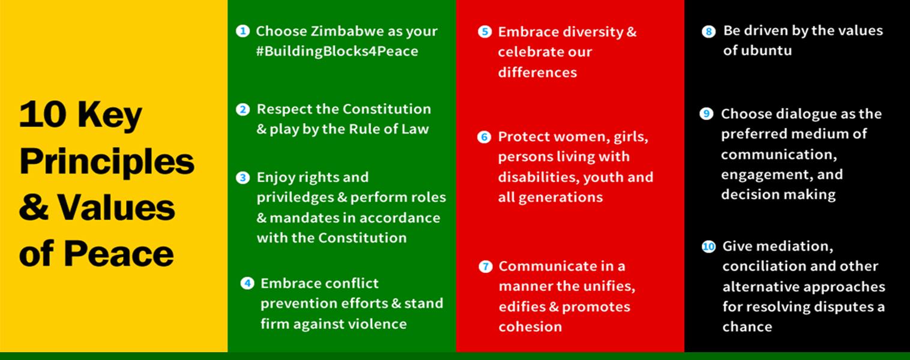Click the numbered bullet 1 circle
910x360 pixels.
pos(243,31)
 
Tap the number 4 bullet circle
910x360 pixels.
pos(247,283)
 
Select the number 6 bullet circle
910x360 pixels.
pos(484,137)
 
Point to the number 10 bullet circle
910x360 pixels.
pos(708,247)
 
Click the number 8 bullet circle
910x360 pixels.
pos(709,32)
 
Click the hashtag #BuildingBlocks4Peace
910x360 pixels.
pos(337,52)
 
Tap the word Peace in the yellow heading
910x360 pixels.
pos(119,254)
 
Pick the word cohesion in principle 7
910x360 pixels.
pos(530,327)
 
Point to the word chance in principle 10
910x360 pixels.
pos(747,327)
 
